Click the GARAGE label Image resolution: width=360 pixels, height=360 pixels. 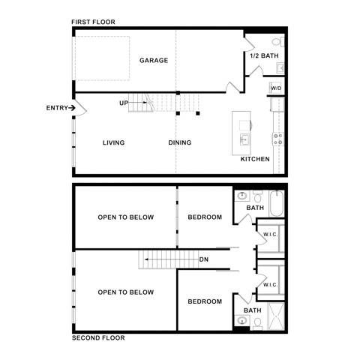[x=154, y=60]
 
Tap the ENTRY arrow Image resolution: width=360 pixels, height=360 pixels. [x=72, y=108]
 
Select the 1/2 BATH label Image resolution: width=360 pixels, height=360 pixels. [x=264, y=55]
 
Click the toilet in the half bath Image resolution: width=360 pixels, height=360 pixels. [x=278, y=41]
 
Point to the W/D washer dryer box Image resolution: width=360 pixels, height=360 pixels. [x=276, y=88]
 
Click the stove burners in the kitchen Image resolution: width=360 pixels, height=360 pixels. [x=278, y=139]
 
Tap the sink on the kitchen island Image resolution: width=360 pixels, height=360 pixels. [x=244, y=139]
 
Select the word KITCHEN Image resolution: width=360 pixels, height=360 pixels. [x=255, y=159]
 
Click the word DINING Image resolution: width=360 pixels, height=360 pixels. [x=180, y=142]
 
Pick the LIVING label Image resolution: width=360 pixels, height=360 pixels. [x=114, y=142]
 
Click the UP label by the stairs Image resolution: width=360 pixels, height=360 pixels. [x=124, y=103]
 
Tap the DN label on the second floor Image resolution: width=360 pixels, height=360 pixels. [x=204, y=259]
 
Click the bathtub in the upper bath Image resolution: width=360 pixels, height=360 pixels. [x=277, y=203]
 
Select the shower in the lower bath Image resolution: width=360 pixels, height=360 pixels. [x=276, y=316]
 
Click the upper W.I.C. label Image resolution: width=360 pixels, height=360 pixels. [x=270, y=234]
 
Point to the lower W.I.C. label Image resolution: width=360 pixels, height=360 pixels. [x=270, y=285]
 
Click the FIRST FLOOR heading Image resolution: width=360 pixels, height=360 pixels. [x=93, y=22]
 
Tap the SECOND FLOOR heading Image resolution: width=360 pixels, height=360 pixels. [x=98, y=338]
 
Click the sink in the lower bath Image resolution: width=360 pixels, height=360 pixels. [x=242, y=320]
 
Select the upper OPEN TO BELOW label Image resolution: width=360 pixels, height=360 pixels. [x=126, y=217]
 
